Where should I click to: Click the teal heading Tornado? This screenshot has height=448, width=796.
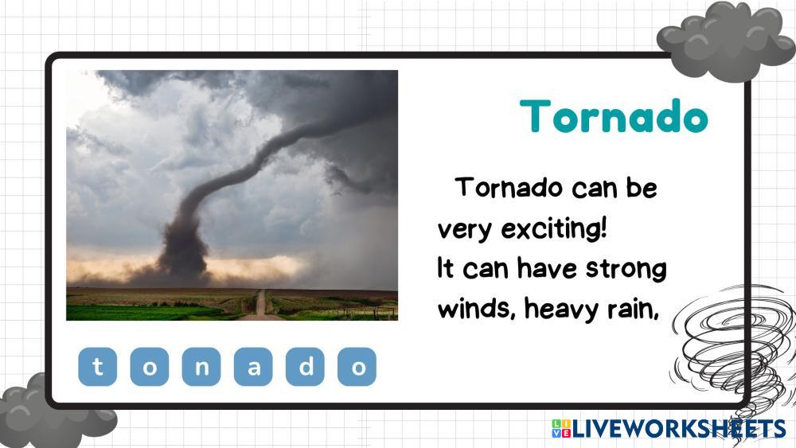click(x=614, y=117)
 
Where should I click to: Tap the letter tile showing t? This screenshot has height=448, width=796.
click(x=97, y=366)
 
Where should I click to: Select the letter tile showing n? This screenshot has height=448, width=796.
click(x=201, y=366)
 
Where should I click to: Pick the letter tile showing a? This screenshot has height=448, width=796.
click(x=253, y=366)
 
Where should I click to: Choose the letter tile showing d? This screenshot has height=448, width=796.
click(x=305, y=366)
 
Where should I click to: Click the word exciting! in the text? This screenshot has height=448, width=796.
click(x=554, y=229)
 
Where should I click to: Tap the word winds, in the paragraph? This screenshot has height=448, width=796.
click(x=477, y=308)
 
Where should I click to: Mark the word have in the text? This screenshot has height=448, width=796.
click(x=547, y=268)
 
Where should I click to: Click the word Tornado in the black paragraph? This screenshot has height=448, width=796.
click(x=509, y=187)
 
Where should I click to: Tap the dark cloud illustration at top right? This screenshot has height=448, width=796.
click(x=726, y=41)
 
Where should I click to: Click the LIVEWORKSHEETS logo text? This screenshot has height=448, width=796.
click(x=679, y=429)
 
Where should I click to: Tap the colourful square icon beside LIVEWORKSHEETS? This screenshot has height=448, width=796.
click(x=561, y=429)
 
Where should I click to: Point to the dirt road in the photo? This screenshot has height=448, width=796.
click(x=260, y=306)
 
